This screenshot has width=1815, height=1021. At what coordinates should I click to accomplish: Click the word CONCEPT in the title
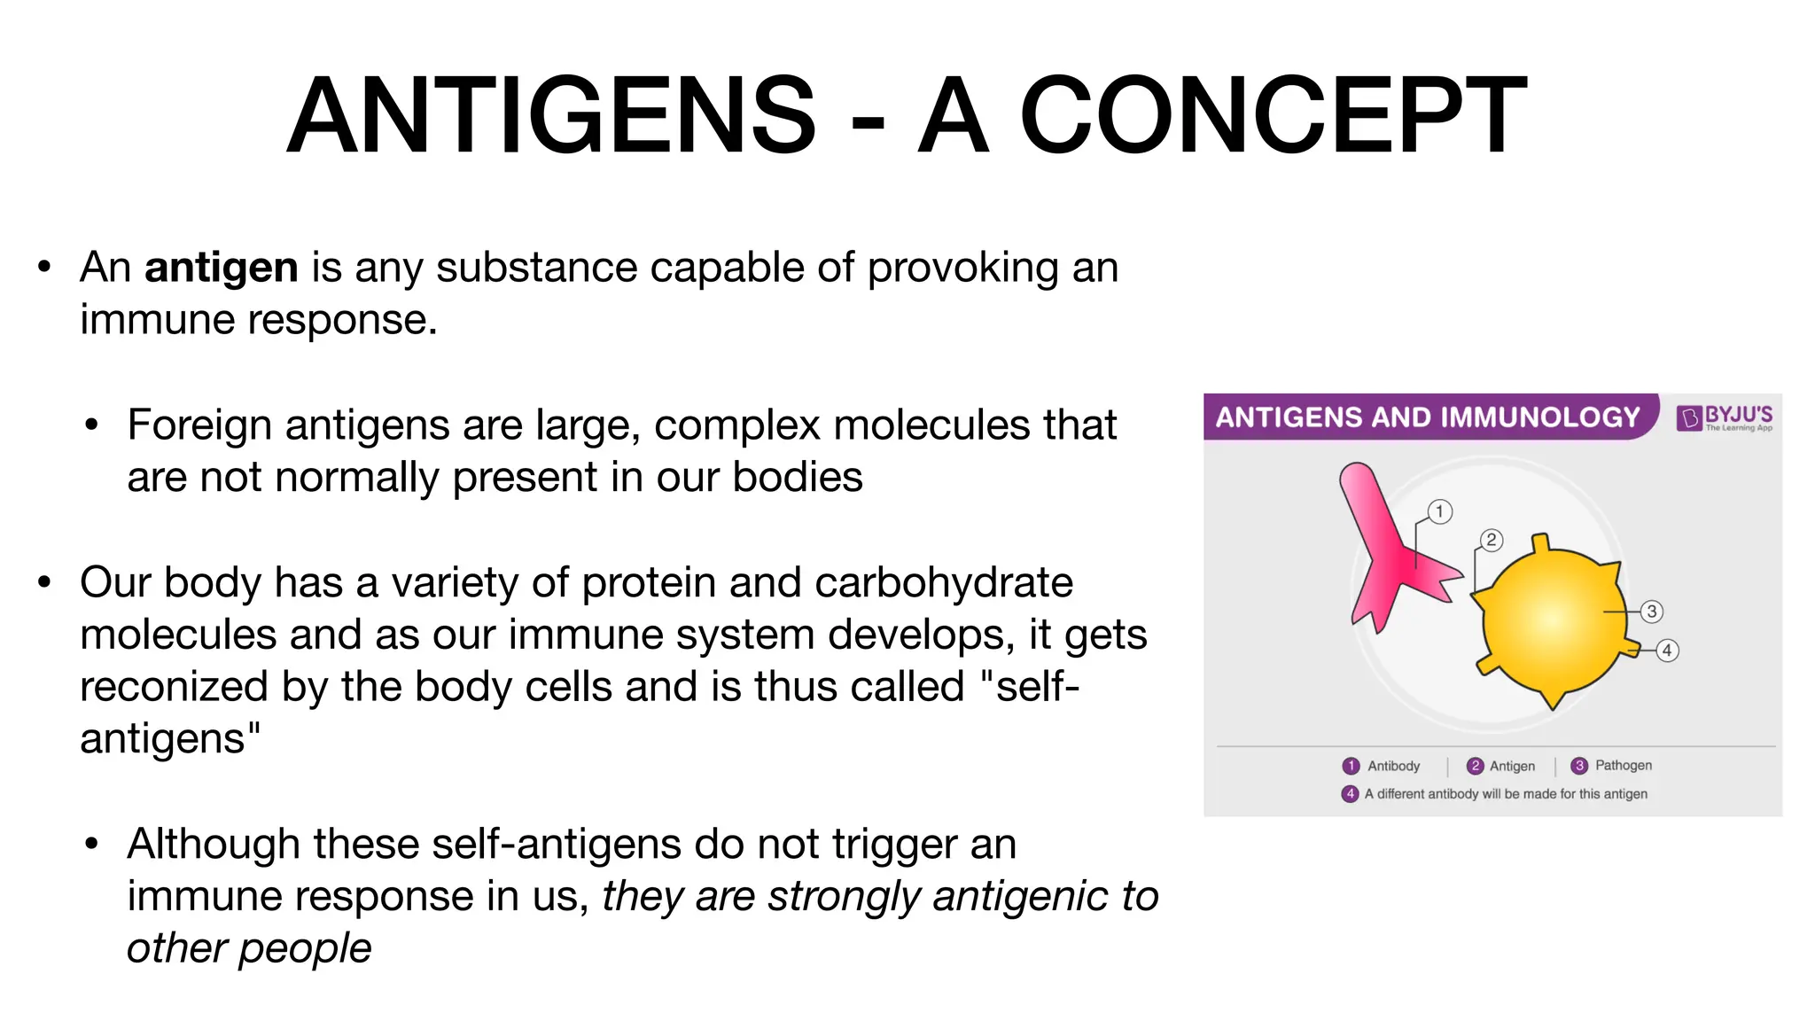pos(1274,116)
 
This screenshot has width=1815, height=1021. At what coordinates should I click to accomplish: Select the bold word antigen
pos(221,268)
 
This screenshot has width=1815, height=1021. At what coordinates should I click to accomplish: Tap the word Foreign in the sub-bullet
pos(199,425)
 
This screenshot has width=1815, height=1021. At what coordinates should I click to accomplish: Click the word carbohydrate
pos(943,583)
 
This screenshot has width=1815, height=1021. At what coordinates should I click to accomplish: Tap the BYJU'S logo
pos(1724,417)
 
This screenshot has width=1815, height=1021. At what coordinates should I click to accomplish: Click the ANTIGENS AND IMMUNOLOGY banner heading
pos(1427,417)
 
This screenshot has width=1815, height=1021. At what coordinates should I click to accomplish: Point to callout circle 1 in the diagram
pos(1440,511)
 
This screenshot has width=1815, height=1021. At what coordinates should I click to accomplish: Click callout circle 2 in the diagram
pos(1492,540)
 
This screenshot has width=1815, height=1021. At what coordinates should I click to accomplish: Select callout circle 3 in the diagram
pos(1651,612)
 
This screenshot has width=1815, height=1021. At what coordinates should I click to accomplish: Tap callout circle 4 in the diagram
pos(1667,651)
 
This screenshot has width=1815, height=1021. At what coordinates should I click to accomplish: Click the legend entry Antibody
pos(1393,767)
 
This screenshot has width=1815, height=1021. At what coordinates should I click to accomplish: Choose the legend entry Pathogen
pos(1623,766)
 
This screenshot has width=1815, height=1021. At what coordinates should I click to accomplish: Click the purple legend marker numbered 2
pos(1476,767)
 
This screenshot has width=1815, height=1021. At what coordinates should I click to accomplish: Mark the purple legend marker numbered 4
pos(1350,794)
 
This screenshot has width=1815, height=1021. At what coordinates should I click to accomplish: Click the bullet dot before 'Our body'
pos(44,583)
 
